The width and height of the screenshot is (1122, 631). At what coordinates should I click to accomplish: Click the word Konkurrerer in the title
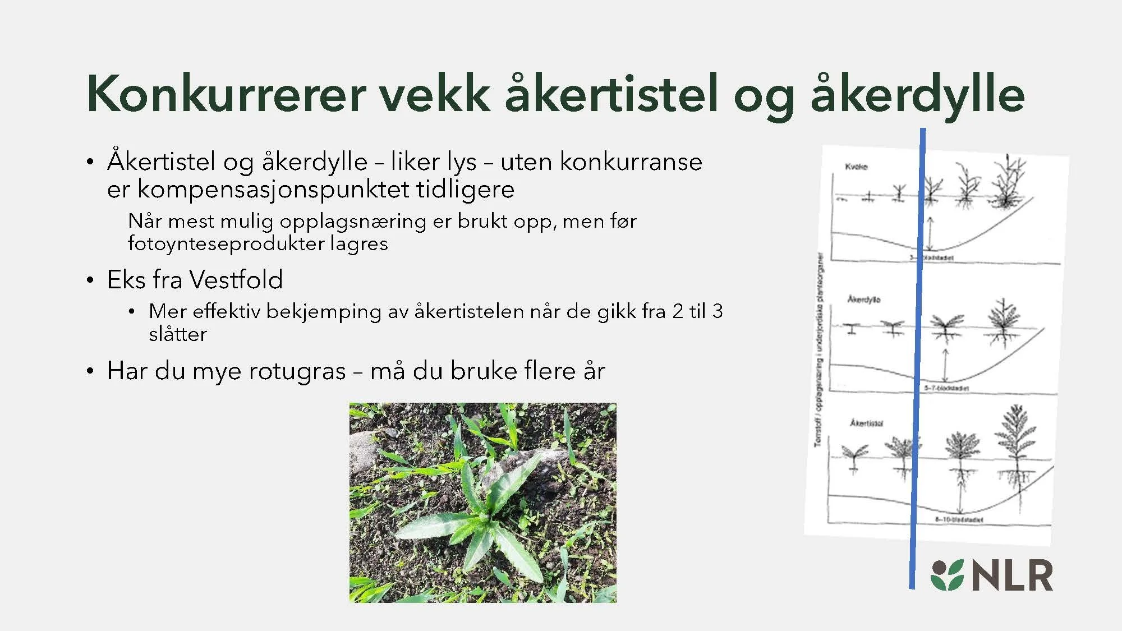pos(227,94)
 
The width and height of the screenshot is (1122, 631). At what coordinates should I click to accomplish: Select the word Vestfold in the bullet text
pos(236,279)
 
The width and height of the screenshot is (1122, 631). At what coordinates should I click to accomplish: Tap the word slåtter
pos(178,334)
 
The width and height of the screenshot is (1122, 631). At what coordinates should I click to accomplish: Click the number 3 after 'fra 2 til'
pos(717,311)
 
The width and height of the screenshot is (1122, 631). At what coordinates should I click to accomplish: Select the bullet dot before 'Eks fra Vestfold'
pos(90,280)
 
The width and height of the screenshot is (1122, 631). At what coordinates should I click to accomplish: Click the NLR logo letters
pos(1012,576)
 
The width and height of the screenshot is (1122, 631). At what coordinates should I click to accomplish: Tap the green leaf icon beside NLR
pos(947,575)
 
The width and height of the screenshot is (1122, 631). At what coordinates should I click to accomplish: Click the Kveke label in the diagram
pos(856,167)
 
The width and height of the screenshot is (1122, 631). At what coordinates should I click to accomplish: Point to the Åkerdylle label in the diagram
pos(864,300)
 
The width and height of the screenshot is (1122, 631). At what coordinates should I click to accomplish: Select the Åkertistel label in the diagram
pos(866,423)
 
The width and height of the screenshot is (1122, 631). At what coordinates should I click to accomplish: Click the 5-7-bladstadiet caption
pos(947,388)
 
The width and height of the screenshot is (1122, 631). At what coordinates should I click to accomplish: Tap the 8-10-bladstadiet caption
pos(959,520)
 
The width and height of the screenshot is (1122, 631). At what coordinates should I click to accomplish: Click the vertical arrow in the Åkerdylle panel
pos(945,366)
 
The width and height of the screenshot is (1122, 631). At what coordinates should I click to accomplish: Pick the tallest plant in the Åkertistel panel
pos(1016,449)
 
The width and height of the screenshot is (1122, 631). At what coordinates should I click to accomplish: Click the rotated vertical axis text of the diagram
pos(820,351)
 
